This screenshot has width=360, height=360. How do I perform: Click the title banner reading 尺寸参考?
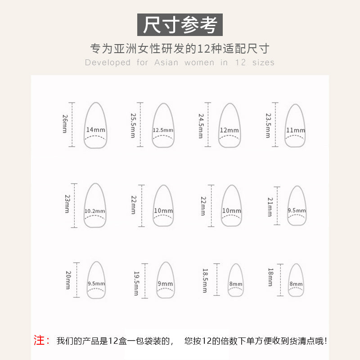[180, 25]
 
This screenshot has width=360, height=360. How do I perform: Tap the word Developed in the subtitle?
[108, 63]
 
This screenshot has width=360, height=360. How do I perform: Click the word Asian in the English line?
[166, 63]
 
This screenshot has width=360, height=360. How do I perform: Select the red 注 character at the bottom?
[42, 341]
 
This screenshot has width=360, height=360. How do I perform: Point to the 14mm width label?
[95, 130]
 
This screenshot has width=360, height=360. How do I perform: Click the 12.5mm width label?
[163, 130]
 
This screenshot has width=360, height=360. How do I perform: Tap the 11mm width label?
[295, 130]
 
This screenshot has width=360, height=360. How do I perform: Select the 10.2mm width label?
[95, 211]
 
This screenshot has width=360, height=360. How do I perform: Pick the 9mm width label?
[165, 283]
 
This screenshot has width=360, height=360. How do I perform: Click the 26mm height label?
[65, 124]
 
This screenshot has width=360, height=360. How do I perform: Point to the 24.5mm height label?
[201, 125]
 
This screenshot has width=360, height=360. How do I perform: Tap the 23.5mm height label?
[268, 125]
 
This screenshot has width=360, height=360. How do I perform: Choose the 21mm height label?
[270, 206]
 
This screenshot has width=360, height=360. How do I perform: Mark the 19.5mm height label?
[136, 283]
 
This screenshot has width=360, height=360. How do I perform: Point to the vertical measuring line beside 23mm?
[74, 205]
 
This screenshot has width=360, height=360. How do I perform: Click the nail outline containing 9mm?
[165, 280]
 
